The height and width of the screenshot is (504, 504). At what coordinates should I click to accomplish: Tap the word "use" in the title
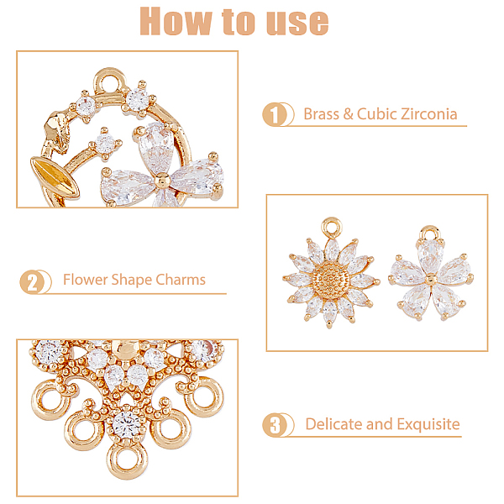click(x=298, y=23)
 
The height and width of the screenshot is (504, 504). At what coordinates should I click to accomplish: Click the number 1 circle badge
click(x=274, y=114)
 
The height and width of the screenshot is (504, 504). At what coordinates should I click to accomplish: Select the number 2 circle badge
click(x=32, y=282)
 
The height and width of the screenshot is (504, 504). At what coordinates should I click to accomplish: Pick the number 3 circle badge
click(x=274, y=424)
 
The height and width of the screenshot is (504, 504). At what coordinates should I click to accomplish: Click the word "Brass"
click(x=322, y=114)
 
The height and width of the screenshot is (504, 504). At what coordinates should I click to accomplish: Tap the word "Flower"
click(x=85, y=280)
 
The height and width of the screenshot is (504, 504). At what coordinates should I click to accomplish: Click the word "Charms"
click(x=181, y=280)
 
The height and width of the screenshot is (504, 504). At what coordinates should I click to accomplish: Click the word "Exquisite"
click(x=428, y=424)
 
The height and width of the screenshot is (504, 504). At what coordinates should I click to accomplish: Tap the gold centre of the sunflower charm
click(x=331, y=278)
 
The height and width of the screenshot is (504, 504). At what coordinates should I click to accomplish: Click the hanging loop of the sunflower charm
click(x=332, y=228)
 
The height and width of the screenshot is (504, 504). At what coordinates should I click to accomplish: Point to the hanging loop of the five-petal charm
click(x=430, y=233)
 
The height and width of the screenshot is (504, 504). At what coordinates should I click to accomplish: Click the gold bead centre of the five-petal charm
click(x=431, y=280)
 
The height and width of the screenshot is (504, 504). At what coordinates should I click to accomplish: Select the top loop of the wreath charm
click(x=109, y=81)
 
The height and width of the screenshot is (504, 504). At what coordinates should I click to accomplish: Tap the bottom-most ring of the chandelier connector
click(x=128, y=460)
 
